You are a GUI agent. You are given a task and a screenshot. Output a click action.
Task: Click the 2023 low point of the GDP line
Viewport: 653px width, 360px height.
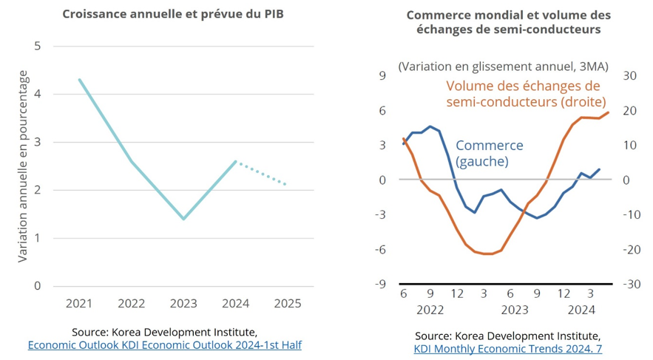(x=183, y=219)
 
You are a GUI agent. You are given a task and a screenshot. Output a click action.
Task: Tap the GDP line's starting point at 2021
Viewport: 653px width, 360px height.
(x=79, y=80)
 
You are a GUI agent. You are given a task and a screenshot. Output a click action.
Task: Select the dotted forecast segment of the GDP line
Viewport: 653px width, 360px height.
(x=261, y=173)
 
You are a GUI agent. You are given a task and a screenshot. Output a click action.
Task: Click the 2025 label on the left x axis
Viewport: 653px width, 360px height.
(x=287, y=303)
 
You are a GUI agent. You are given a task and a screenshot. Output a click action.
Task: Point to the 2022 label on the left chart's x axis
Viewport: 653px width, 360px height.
(x=131, y=303)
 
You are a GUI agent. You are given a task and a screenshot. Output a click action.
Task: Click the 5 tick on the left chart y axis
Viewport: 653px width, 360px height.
(x=38, y=47)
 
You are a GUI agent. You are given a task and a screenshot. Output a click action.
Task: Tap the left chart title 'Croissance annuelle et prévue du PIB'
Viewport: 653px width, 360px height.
(x=172, y=14)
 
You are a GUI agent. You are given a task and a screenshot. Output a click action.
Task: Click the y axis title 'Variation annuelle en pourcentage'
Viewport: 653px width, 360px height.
(x=23, y=166)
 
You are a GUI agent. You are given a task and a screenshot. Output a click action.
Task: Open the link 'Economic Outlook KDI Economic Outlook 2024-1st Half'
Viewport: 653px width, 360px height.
(x=165, y=344)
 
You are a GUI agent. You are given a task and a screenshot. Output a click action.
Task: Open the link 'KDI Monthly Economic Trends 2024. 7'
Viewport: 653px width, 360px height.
(x=507, y=348)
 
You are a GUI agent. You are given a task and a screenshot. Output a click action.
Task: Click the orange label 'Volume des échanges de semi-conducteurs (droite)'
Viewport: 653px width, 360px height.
(x=525, y=94)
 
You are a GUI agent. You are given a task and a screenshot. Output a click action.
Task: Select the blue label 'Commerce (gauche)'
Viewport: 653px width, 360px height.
(x=489, y=153)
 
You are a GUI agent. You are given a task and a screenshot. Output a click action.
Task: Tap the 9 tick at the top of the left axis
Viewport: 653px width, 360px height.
(x=382, y=75)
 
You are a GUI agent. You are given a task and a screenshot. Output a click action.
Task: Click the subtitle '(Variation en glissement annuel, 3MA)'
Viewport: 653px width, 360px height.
(x=503, y=67)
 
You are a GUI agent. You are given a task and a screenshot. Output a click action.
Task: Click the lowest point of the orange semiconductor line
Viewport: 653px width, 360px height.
(x=487, y=254)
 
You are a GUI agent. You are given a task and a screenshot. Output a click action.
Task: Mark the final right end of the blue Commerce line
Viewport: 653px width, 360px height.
(x=599, y=169)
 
